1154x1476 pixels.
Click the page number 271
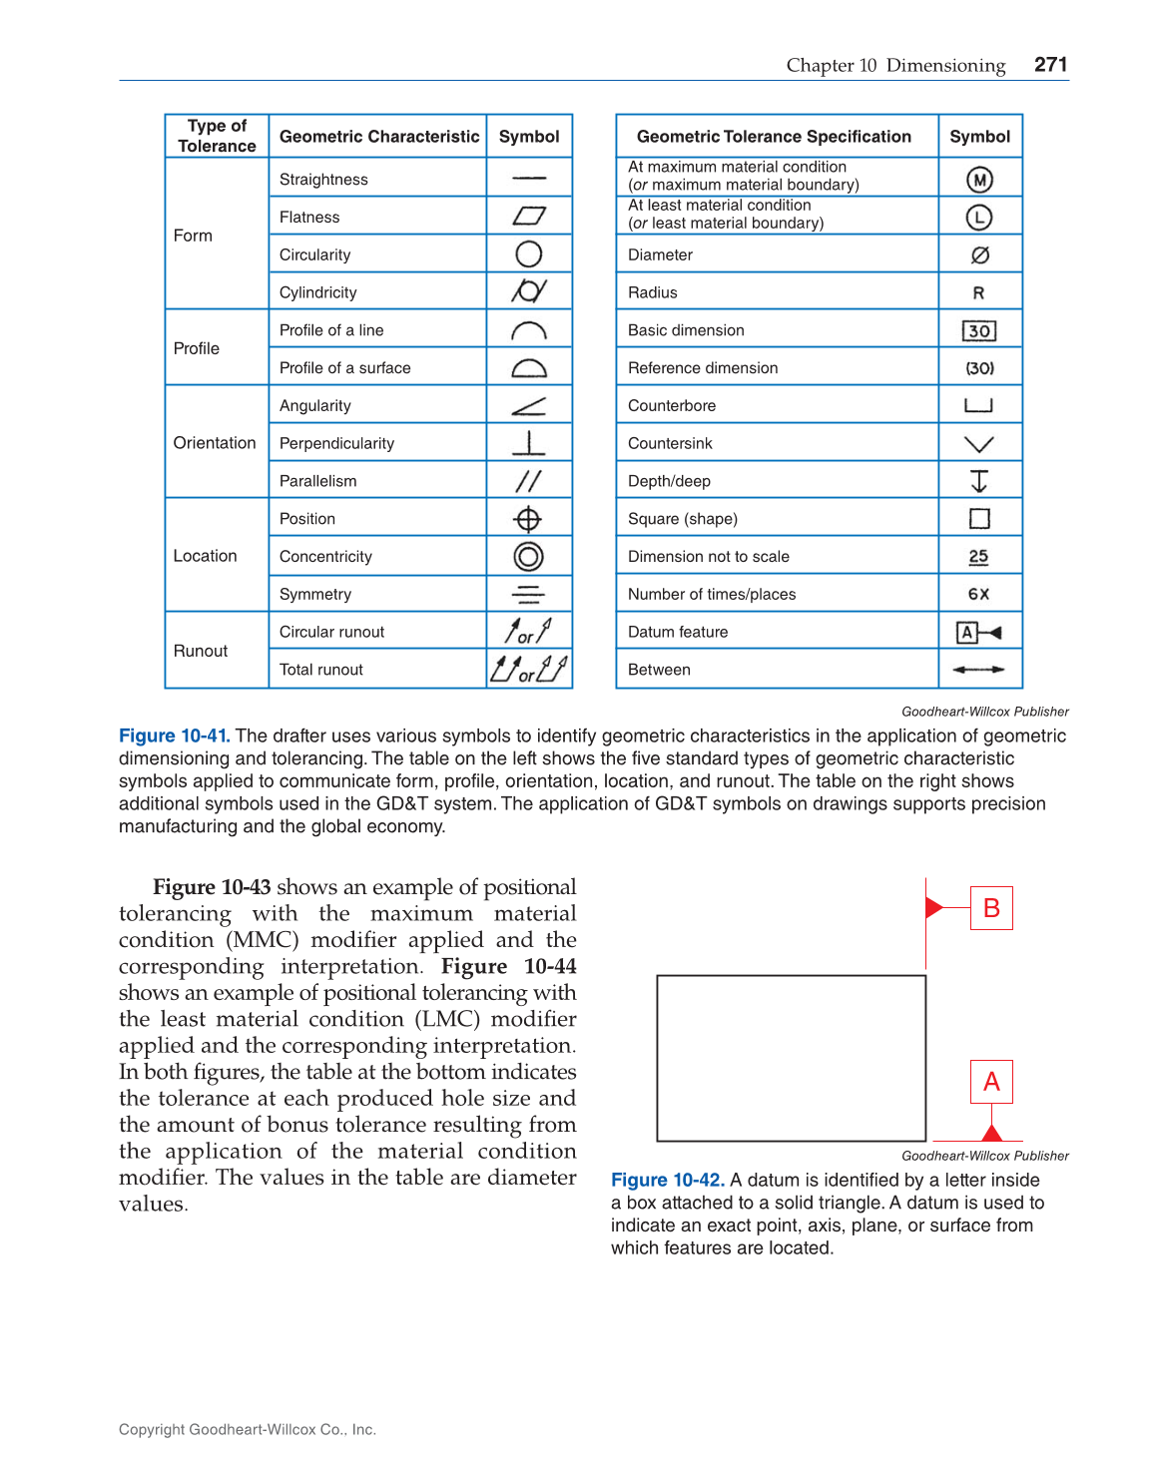point(1050,65)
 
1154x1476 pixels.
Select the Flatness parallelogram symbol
point(529,217)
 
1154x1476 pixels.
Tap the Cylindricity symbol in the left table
point(529,291)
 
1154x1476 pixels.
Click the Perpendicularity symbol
point(529,442)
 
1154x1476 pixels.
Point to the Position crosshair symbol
point(528,519)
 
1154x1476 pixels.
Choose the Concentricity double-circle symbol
point(528,556)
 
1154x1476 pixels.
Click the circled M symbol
point(979,180)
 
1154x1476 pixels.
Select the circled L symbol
point(979,217)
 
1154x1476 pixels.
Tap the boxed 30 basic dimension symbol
point(979,330)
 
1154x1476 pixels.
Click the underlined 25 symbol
point(978,557)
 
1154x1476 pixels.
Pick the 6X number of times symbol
point(978,594)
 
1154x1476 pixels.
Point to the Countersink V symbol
point(979,444)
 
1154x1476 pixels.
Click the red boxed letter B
point(991,908)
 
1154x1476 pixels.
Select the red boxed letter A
point(991,1082)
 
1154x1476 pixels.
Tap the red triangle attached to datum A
point(991,1133)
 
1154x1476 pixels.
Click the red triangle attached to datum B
point(934,907)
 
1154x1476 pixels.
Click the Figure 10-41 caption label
point(174,736)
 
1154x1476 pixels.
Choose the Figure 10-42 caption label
point(667,1180)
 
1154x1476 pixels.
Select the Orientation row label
point(215,442)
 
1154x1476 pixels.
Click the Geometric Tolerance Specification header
point(774,137)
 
